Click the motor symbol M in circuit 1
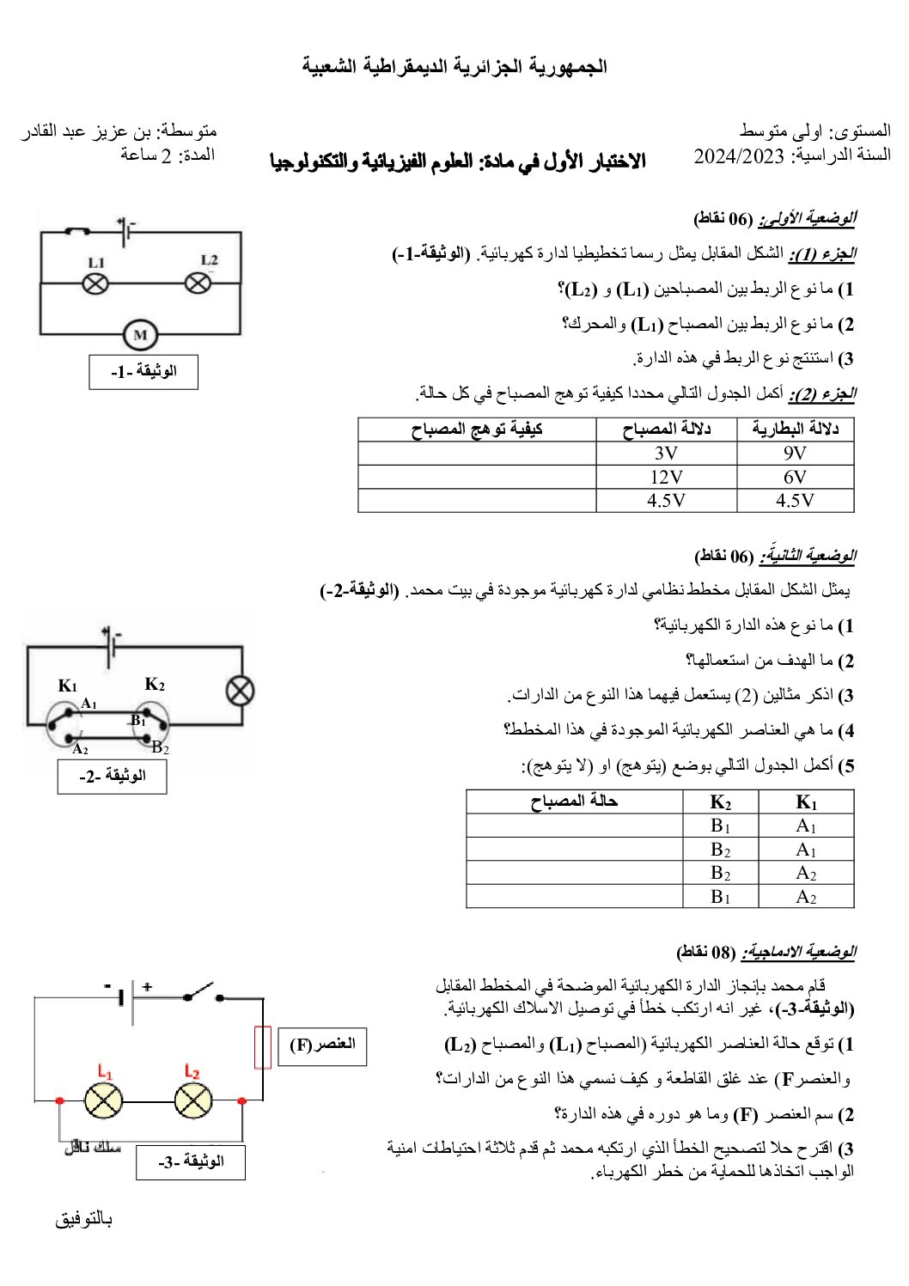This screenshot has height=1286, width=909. click(140, 335)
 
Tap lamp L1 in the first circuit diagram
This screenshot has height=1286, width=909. click(95, 283)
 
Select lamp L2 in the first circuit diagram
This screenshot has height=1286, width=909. click(198, 282)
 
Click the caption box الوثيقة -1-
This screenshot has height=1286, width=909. click(143, 372)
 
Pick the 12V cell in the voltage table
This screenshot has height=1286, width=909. click(667, 477)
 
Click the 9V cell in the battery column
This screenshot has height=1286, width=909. click(795, 454)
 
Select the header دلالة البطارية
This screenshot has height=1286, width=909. click(795, 430)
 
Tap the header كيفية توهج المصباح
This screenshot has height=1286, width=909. click(477, 430)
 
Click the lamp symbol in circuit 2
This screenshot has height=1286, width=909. click(240, 690)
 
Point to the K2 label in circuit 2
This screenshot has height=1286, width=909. click(155, 685)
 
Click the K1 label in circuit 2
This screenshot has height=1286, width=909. click(67, 686)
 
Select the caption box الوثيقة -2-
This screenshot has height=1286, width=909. click(112, 777)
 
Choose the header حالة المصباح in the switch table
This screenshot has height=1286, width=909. click(574, 801)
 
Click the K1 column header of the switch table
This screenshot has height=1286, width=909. click(806, 802)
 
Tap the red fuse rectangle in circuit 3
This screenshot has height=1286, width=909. click(263, 1047)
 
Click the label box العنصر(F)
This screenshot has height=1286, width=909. click(322, 1045)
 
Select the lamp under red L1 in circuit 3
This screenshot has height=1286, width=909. click(103, 1100)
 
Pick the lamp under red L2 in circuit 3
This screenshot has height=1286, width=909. click(193, 1100)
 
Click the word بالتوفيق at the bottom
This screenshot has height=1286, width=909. click(83, 1219)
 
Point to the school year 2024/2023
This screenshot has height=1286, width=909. click(739, 155)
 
